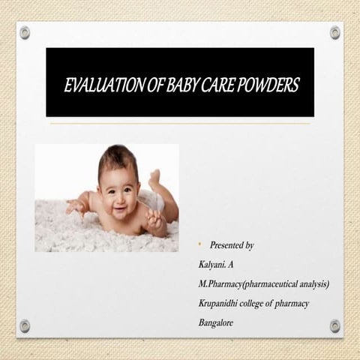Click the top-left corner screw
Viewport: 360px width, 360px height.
[x=25, y=32]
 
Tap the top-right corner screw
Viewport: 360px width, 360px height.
[x=334, y=32]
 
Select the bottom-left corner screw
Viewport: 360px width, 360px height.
[x=25, y=325]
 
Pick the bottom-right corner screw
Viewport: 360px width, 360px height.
[x=334, y=325]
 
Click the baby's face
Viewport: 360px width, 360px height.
[x=118, y=194]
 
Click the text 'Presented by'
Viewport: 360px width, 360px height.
[x=232, y=245]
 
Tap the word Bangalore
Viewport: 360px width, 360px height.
[x=215, y=322]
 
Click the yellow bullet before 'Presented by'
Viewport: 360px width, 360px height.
[x=199, y=244]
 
